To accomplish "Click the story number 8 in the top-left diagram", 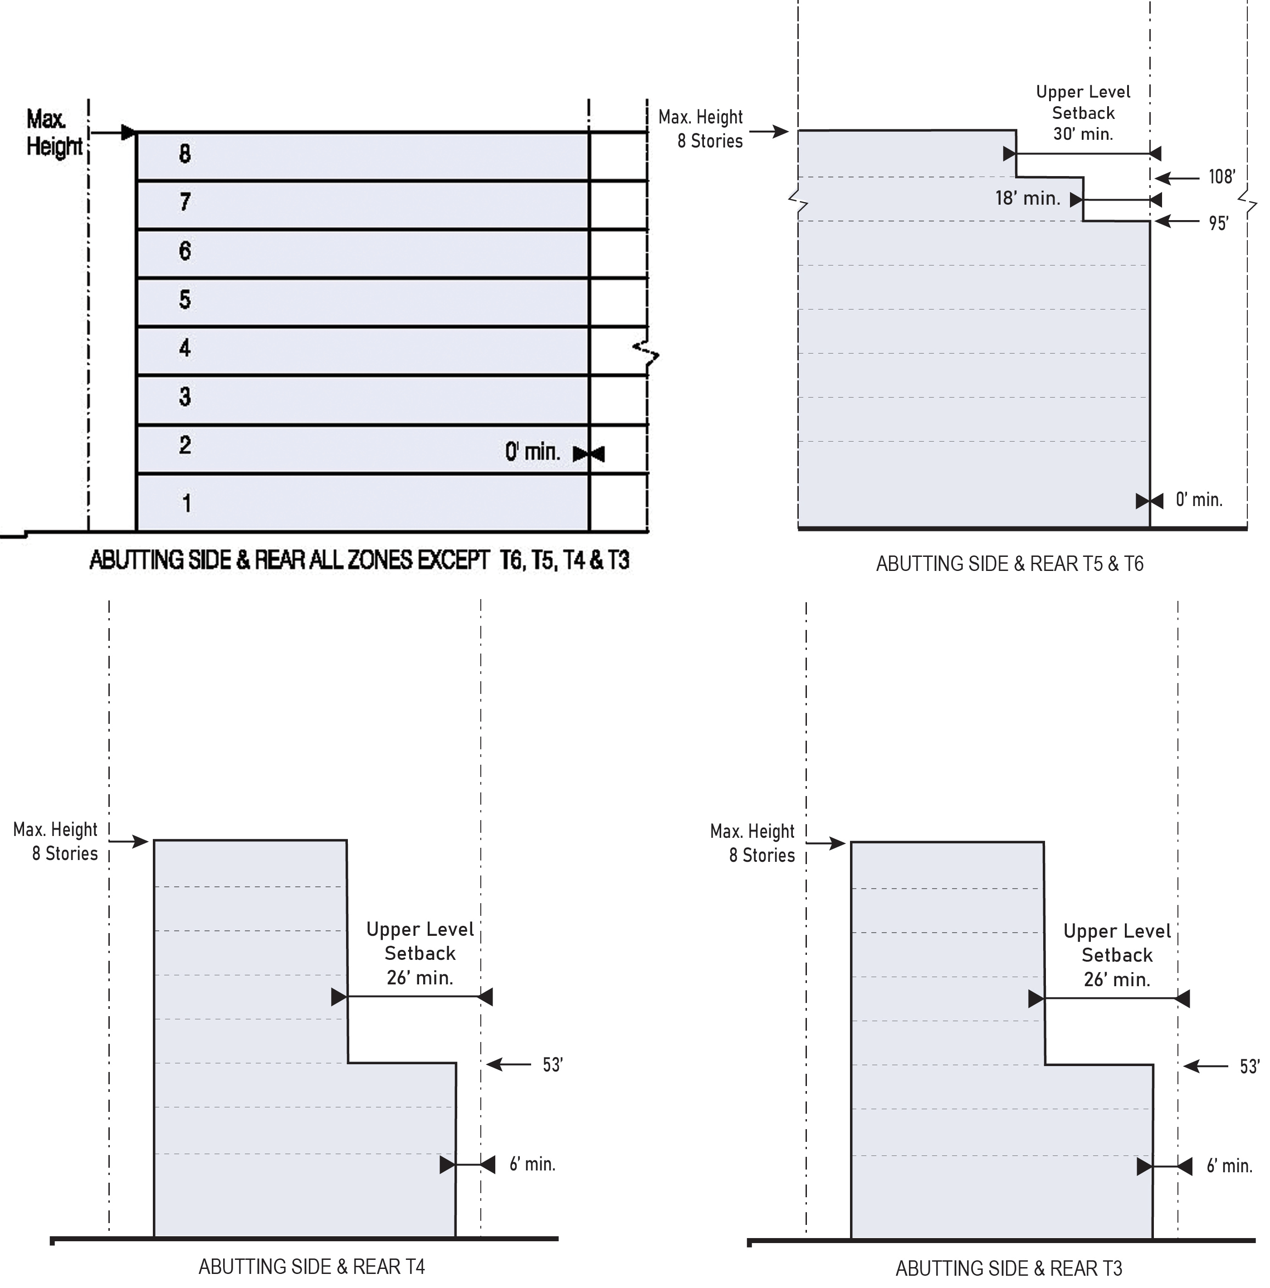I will (185, 154).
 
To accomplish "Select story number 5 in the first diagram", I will (185, 300).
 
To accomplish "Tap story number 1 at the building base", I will (186, 503).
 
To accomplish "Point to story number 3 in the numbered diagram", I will (185, 397).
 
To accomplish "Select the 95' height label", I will (1218, 223).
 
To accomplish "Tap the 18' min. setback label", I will (1027, 199).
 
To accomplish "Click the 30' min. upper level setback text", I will (1082, 134).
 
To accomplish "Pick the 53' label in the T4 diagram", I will (552, 1065).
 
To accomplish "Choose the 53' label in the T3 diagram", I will (1249, 1067).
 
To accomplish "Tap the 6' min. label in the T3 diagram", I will (1229, 1166).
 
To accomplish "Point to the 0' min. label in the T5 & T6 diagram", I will (1198, 500).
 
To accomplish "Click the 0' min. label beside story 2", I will (532, 452).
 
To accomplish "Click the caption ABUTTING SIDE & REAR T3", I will (1008, 1268).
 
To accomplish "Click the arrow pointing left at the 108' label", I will (1177, 178).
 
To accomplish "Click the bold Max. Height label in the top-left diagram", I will (54, 133).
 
